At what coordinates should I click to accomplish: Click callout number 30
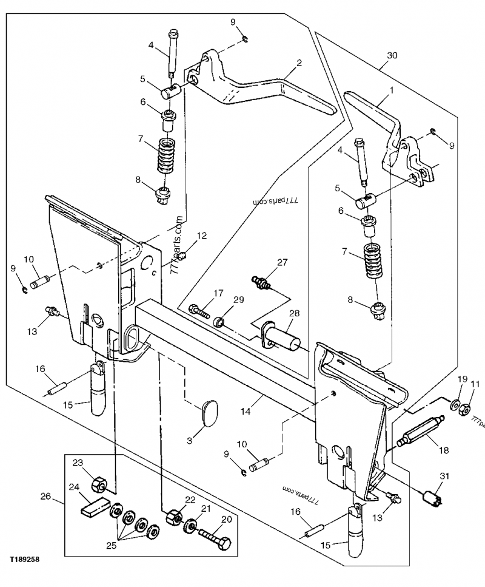click(392, 55)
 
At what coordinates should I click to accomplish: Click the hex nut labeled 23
click(99, 485)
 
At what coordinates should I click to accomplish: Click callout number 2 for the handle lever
click(299, 62)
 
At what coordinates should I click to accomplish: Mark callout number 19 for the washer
click(460, 380)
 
